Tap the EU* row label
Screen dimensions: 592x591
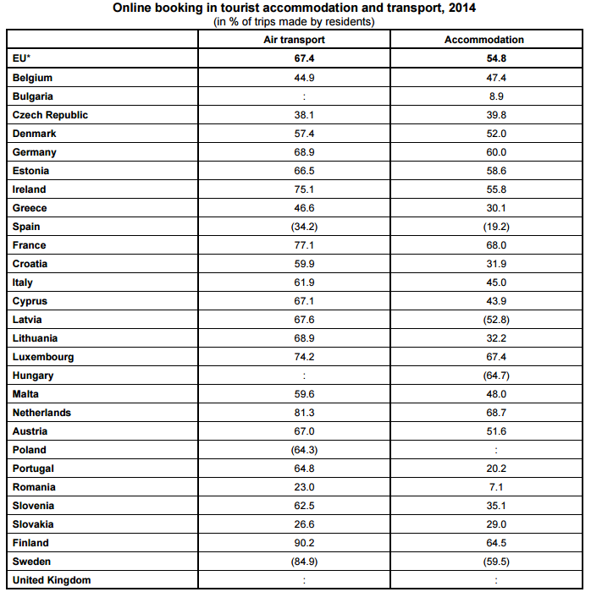tap(22, 58)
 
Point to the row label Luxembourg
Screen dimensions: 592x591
tap(43, 357)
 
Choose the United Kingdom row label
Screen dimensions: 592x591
tap(52, 580)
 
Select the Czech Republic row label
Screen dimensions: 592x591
tap(50, 115)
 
